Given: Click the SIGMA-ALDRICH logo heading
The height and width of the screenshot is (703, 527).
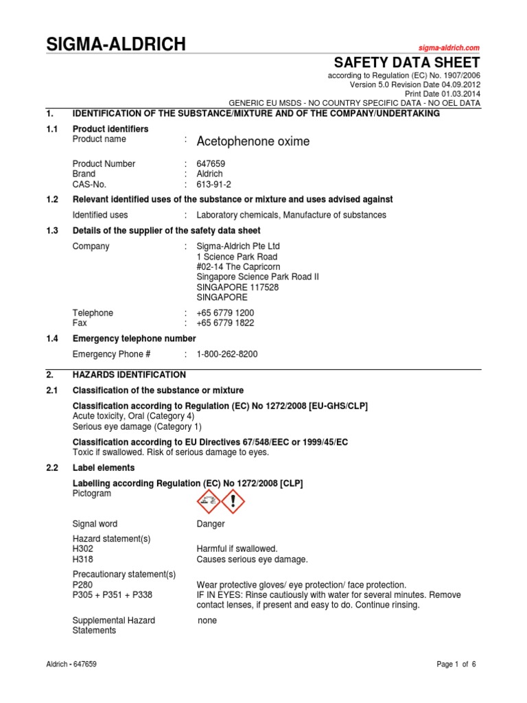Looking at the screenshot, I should [115, 45].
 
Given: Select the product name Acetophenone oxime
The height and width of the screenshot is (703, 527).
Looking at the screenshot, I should [253, 141].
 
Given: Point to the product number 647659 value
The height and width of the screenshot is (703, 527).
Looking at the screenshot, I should [211, 164].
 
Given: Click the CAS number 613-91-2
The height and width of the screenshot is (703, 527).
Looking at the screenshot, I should [213, 185].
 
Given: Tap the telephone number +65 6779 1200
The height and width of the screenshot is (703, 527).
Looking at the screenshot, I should [225, 313].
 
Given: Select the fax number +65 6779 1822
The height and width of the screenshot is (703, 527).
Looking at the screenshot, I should [225, 323].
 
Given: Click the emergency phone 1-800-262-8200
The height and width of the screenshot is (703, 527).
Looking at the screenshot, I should [227, 354].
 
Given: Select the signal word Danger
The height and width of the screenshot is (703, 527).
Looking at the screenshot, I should [211, 524].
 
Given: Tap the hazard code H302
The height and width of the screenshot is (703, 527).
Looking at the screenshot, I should [83, 549].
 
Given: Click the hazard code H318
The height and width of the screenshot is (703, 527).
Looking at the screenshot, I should [83, 560].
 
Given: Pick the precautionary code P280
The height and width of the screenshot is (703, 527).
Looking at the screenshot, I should [83, 585].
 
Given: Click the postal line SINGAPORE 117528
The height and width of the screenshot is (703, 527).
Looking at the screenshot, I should [237, 288].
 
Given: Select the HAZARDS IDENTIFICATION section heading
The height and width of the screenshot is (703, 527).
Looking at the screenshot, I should [129, 375].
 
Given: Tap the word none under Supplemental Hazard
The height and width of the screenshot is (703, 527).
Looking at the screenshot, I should [207, 621].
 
